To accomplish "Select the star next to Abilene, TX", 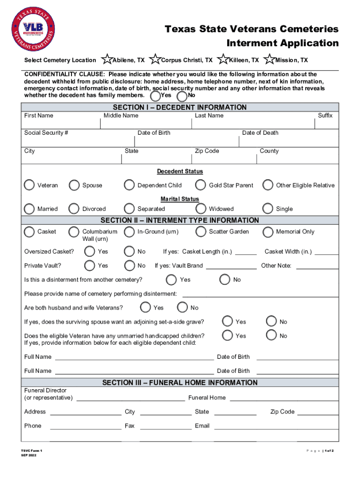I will [x=107, y=60].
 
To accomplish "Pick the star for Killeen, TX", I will [x=223, y=60].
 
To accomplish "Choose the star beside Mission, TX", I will [x=269, y=60].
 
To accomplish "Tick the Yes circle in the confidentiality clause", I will [x=155, y=96].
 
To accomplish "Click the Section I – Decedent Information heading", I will [x=180, y=107].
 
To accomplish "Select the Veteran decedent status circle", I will [x=29, y=185].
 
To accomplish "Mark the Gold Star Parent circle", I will [x=201, y=185].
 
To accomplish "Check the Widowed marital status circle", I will [x=201, y=209].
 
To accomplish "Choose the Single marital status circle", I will [x=268, y=209].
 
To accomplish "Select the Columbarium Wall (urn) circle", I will [x=74, y=232].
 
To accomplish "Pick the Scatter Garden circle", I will [x=201, y=232].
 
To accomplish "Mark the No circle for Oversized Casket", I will [x=129, y=252].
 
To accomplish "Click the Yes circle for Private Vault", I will [x=89, y=266].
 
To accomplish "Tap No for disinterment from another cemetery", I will [x=225, y=280].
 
